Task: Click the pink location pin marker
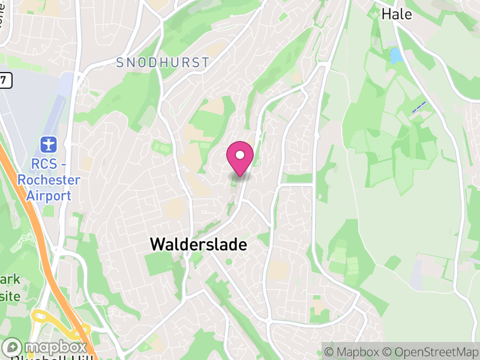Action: click(240, 158)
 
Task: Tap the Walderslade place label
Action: click(199, 244)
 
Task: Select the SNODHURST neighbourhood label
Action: click(163, 62)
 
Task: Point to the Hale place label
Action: click(397, 14)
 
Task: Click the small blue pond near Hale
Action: click(396, 56)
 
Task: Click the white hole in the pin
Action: click(240, 155)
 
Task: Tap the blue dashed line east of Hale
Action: click(419, 107)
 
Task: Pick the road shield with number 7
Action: click(5, 80)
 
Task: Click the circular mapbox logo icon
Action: click(13, 347)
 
